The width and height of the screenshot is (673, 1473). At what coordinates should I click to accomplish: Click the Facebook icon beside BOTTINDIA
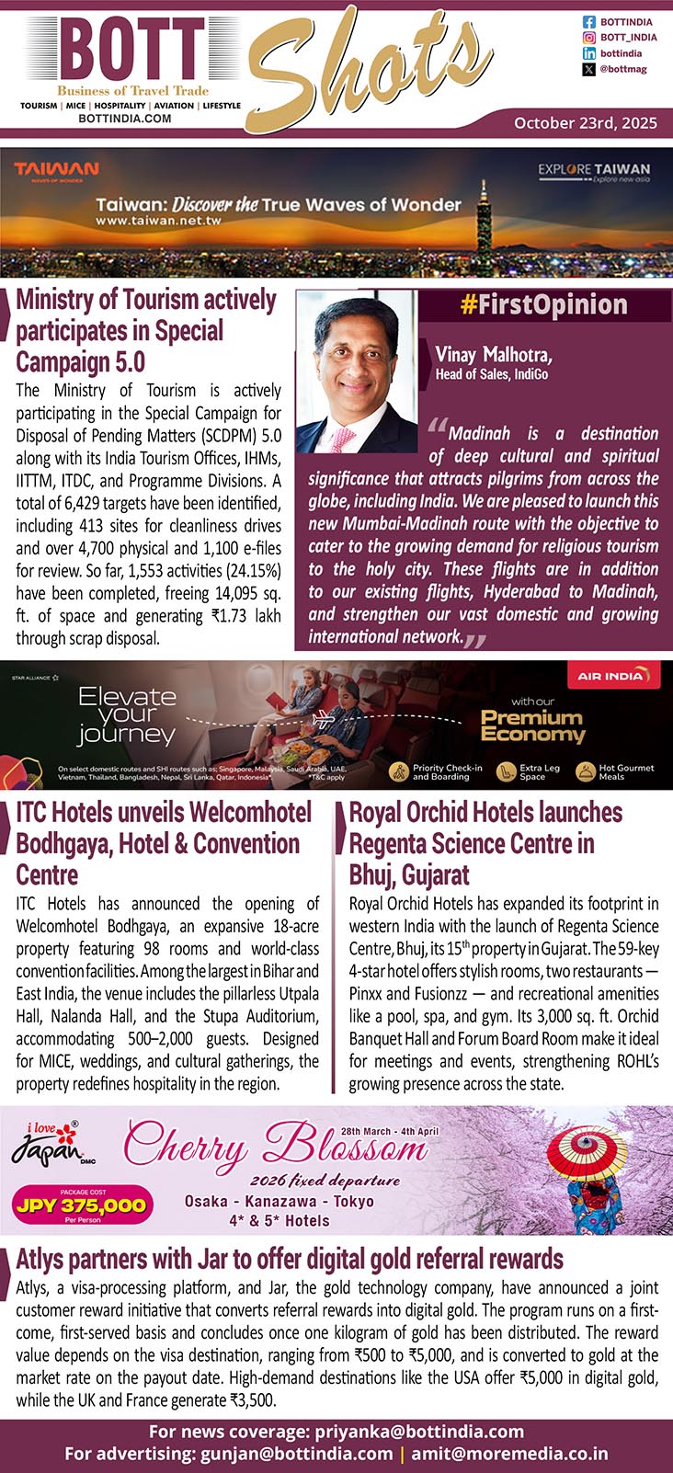coord(589,21)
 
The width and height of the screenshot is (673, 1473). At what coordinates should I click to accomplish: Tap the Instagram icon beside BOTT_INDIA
coord(589,38)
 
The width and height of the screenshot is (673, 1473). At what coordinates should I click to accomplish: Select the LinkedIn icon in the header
coord(589,53)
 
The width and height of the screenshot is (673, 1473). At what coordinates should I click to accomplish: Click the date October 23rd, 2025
coord(586,122)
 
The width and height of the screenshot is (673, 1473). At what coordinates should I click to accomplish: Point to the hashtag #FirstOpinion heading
coord(544,305)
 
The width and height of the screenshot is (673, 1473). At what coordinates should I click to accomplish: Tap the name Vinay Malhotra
coord(494,355)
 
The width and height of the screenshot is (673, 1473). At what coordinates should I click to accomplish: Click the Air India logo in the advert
coord(611,676)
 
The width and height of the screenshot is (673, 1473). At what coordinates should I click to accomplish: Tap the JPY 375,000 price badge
coord(81,1205)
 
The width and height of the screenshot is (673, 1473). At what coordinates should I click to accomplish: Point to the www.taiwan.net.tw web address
coord(158,222)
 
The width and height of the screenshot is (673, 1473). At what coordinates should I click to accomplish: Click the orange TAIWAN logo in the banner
coord(56,170)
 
